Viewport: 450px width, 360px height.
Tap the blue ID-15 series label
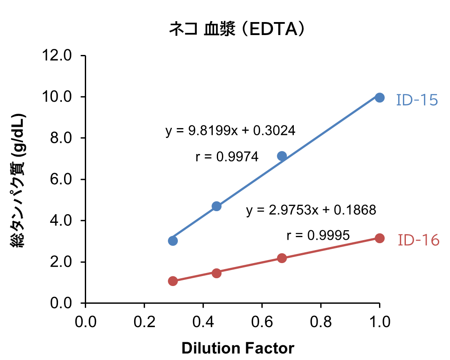pos(417,100)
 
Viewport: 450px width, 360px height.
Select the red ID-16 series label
pos(418,240)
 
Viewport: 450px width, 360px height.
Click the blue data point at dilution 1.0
pos(379,97)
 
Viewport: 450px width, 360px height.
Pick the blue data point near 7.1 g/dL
pos(282,156)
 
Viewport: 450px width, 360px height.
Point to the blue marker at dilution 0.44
pos(217,206)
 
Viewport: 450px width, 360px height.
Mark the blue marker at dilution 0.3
pos(173,241)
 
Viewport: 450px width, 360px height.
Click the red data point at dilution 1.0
pos(379,238)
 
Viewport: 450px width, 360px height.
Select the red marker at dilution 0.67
pos(282,258)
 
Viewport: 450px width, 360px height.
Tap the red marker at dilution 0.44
pos(217,273)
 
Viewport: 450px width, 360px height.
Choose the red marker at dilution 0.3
pos(173,281)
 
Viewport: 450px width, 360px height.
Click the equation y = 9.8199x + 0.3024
pos(230,131)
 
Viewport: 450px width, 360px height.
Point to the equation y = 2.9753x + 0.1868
pos(311,210)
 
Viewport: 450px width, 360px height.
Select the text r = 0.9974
pos(227,157)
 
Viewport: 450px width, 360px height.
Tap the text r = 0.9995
pos(318,236)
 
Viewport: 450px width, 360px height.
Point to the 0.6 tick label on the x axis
pos(262,322)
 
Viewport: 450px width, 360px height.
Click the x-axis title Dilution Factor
pos(238,348)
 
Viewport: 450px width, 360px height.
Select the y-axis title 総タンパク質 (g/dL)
pos(18,180)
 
